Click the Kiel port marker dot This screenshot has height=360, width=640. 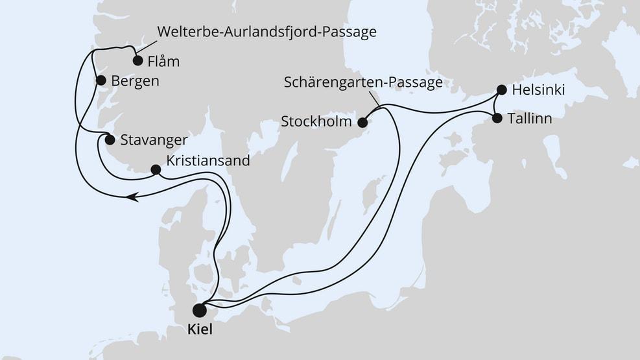point(199,310)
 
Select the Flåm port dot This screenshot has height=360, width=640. point(137,61)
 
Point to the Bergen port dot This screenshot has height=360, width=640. point(101,81)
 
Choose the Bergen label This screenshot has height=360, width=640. point(135,82)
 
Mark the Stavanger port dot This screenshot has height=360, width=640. point(110,140)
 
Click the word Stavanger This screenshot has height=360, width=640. point(154,140)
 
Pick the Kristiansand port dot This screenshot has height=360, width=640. point(156,170)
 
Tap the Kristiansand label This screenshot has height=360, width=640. point(208,161)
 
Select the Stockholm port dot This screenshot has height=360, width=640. point(363,122)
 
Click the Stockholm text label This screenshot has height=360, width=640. point(316,121)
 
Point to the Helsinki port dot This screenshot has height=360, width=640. point(501,90)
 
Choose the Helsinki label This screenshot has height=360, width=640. point(538,91)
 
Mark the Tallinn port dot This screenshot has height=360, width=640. point(497,118)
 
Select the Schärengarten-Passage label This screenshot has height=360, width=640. point(363,82)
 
